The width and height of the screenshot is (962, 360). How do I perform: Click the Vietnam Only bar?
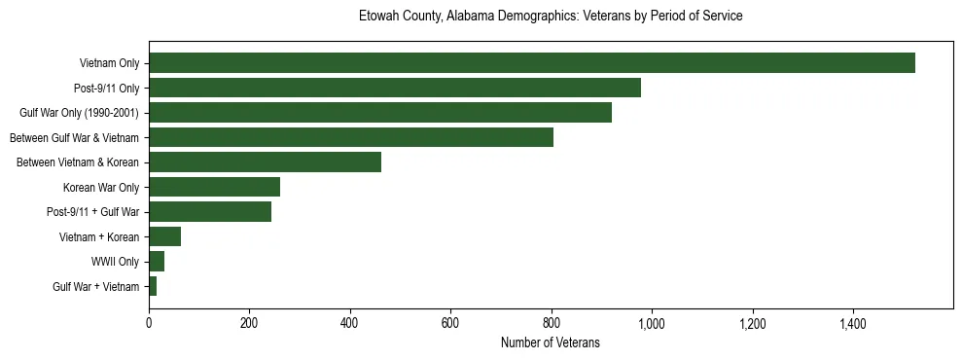point(531,63)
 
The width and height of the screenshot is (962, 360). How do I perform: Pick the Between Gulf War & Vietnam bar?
point(350,137)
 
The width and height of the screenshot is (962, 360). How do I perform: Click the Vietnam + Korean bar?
point(164,236)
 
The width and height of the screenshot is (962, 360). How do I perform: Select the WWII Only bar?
point(157,261)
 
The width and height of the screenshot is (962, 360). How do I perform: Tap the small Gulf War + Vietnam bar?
point(153,286)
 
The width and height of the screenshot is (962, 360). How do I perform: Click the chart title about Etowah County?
point(551,17)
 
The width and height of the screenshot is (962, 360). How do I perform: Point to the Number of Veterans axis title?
point(551,342)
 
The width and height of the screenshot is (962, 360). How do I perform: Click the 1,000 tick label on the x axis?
point(652,322)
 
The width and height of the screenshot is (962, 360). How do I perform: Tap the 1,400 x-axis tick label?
point(853,322)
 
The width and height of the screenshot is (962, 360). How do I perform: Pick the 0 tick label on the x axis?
point(149,322)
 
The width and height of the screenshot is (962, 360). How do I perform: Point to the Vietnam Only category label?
point(109,63)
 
